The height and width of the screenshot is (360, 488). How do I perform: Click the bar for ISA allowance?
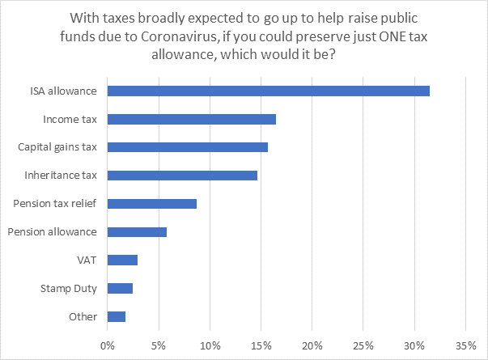pyautogui.click(x=268, y=91)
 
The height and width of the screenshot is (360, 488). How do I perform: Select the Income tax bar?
pyautogui.click(x=191, y=119)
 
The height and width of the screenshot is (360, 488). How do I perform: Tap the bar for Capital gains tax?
pyautogui.click(x=187, y=147)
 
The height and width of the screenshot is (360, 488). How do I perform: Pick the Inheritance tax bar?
pyautogui.click(x=182, y=175)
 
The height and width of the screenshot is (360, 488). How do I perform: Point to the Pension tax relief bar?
pyautogui.click(x=151, y=204)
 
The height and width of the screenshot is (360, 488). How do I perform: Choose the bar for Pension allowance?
pyautogui.click(x=137, y=232)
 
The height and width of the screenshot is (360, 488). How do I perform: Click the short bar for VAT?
pyautogui.click(x=122, y=260)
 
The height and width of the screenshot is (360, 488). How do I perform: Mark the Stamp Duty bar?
pyautogui.click(x=120, y=288)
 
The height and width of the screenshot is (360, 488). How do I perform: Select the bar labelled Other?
pyautogui.click(x=117, y=316)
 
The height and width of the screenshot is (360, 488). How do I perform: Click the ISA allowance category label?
pyautogui.click(x=63, y=91)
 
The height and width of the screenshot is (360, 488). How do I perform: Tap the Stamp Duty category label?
pyautogui.click(x=69, y=289)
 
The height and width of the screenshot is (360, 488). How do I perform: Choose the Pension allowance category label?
pyautogui.click(x=52, y=232)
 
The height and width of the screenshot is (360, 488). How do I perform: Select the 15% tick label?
pyautogui.click(x=261, y=345)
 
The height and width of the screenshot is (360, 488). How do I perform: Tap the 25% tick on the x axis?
pyautogui.click(x=363, y=345)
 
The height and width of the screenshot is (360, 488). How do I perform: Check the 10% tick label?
pyautogui.click(x=210, y=345)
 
